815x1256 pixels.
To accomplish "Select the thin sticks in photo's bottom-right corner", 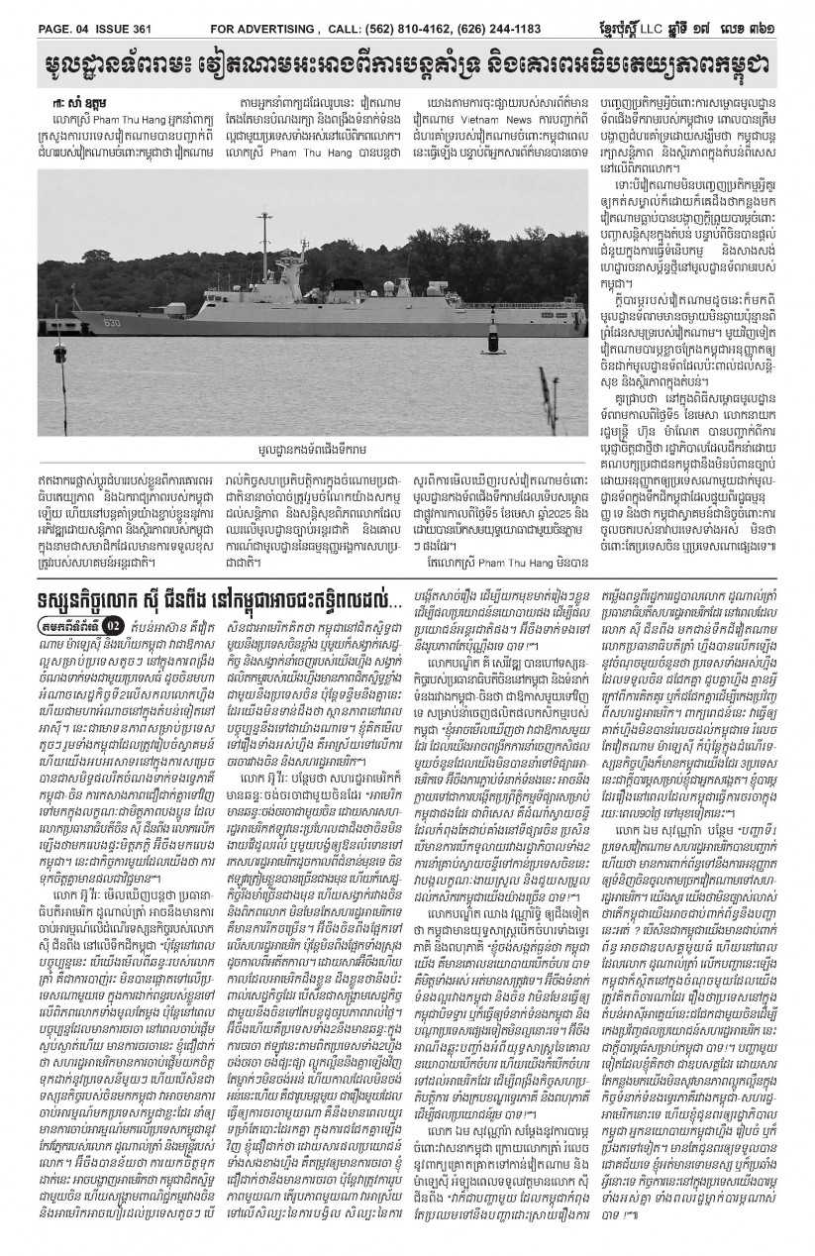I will click(x=548, y=401).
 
